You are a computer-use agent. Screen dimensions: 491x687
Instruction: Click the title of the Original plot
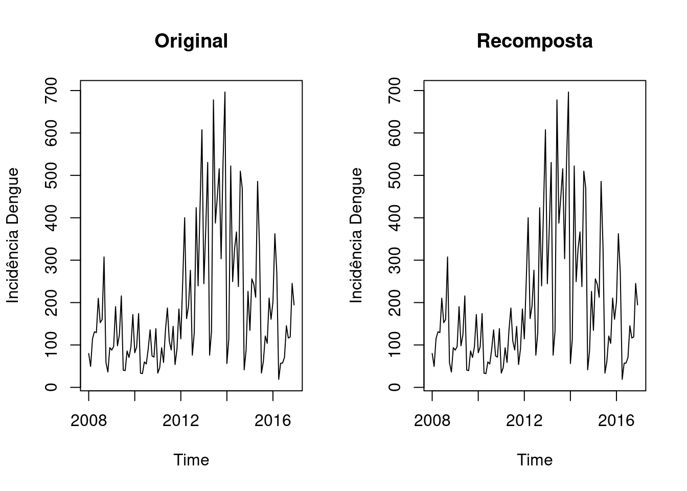(191, 41)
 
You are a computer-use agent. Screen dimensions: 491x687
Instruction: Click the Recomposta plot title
(534, 41)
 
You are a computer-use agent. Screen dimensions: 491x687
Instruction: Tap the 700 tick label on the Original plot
(51, 91)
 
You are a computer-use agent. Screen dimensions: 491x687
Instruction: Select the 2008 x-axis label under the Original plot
(88, 421)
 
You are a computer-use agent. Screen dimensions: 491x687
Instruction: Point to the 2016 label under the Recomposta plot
(616, 421)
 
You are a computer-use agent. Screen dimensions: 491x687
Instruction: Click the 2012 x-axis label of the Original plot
(180, 421)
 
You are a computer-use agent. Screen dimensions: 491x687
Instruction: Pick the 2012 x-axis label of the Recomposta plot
(524, 421)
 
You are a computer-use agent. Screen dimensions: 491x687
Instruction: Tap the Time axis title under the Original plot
(191, 460)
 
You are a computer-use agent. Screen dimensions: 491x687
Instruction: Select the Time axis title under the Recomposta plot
(534, 460)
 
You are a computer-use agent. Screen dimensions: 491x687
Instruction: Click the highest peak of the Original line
(225, 92)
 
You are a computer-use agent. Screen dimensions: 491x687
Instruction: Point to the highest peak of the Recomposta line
(568, 92)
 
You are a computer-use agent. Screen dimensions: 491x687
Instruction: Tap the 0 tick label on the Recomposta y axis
(395, 387)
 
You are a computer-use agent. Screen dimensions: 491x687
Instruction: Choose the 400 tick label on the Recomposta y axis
(395, 218)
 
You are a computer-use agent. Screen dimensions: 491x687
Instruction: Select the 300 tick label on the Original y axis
(51, 260)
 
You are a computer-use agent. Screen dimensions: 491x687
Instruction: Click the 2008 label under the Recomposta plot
(432, 421)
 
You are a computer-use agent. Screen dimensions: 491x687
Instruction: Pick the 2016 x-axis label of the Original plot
(272, 421)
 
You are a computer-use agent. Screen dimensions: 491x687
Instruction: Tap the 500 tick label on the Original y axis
(51, 175)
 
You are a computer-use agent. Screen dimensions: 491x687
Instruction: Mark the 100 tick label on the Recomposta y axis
(395, 345)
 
